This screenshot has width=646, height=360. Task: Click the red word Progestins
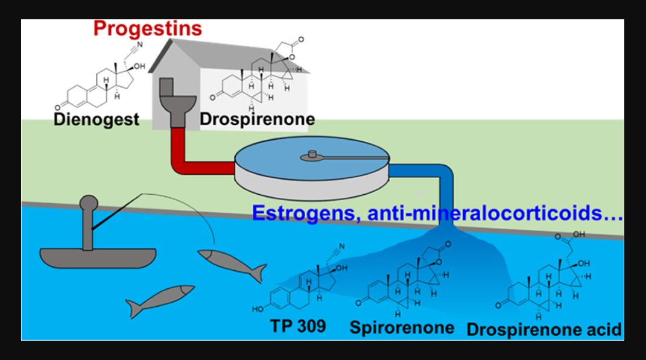pos(148,29)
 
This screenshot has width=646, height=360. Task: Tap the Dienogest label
pos(97,119)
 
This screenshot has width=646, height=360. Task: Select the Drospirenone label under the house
pos(258,119)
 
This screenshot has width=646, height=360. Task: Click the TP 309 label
pos(298,326)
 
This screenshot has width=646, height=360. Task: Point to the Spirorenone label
pos(402,328)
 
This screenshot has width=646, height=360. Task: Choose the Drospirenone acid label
pos(544,329)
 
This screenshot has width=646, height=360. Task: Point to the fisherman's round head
pos(88,203)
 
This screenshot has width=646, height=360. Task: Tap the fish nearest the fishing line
pos(232,264)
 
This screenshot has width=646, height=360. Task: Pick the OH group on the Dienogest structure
pos(139,66)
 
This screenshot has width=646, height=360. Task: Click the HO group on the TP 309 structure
pos(258,309)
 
